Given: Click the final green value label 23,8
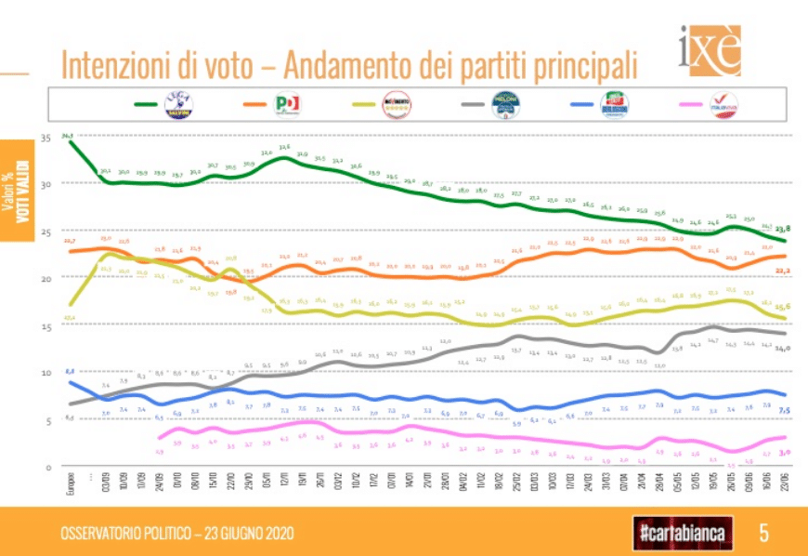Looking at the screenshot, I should [x=783, y=229].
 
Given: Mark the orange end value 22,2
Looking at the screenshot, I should [x=783, y=271].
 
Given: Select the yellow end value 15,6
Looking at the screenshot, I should [x=783, y=307].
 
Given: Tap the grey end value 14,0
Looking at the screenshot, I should [x=783, y=348].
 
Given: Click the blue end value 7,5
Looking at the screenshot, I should [x=784, y=410].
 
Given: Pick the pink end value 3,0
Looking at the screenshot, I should [x=784, y=452].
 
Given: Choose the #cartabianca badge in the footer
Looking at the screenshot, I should [x=681, y=533].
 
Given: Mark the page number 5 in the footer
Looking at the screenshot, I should [x=763, y=533].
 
